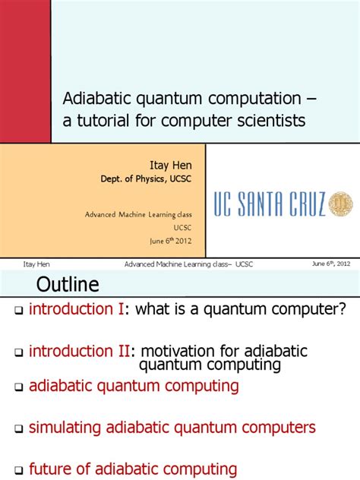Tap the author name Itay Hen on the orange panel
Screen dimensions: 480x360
coord(171,164)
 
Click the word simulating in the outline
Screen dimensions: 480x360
coord(65,428)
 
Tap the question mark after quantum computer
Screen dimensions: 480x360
coord(342,309)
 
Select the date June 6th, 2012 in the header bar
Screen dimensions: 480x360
coord(330,264)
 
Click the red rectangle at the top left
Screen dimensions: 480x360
coord(25,71)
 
